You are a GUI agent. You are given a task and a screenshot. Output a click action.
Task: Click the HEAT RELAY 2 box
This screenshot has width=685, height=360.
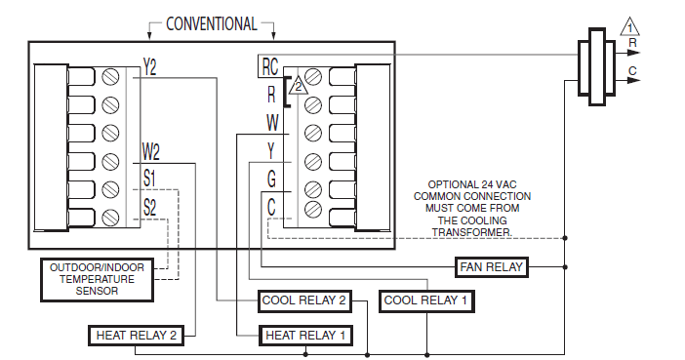tap(136, 336)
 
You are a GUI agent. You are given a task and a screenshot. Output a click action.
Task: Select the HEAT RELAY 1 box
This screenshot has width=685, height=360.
tap(303, 336)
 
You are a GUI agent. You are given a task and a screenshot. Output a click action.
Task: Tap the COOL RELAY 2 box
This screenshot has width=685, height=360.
tap(304, 300)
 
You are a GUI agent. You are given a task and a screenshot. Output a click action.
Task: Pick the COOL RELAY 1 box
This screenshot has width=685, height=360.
tap(425, 300)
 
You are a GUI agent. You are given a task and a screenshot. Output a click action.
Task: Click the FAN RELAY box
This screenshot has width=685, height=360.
tap(491, 266)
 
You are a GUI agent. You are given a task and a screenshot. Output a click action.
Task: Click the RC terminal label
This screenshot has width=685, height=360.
tap(270, 66)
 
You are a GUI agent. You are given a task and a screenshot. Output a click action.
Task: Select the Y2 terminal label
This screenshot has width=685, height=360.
tap(149, 66)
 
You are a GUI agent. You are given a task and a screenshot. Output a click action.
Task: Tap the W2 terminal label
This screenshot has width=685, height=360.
tap(150, 151)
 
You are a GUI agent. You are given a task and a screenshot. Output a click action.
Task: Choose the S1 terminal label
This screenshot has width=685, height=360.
tap(149, 180)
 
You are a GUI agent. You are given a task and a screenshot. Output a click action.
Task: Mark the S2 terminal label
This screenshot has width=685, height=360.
tap(149, 207)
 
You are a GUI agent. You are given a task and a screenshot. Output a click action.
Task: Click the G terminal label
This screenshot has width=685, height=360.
tap(271, 180)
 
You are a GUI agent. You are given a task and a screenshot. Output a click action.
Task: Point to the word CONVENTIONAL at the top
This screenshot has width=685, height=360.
tap(212, 23)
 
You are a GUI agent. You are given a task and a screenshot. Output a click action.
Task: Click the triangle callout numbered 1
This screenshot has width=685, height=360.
tap(630, 26)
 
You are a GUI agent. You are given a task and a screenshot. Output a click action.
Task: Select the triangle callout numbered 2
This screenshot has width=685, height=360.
tap(300, 87)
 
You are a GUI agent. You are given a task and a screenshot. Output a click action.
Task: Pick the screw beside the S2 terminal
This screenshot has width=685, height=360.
tap(112, 217)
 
